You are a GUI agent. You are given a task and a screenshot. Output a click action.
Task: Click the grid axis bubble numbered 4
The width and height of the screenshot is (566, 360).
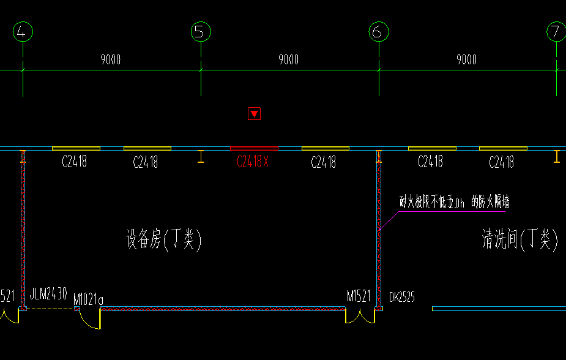click(22, 32)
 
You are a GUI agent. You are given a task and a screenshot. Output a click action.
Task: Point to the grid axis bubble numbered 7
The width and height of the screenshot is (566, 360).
click(556, 32)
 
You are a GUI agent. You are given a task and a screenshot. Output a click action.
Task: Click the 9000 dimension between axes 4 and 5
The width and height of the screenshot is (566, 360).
click(111, 59)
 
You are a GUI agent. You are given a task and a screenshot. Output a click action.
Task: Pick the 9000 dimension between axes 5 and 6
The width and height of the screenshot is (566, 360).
click(289, 59)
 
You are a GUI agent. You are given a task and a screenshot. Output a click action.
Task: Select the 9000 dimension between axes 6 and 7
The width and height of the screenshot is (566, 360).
click(467, 59)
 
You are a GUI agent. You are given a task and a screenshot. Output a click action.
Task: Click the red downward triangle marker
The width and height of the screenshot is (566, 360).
click(254, 113)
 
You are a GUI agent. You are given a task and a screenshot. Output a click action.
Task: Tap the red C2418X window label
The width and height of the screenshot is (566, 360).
click(253, 162)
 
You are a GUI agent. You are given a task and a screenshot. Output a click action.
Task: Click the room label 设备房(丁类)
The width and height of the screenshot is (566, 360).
click(164, 239)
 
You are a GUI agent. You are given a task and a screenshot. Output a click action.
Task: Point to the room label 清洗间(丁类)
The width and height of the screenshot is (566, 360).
click(520, 239)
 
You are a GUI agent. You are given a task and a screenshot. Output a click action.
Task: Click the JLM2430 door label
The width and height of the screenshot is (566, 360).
click(48, 294)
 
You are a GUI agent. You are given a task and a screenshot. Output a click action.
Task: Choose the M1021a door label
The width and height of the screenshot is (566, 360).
click(88, 299)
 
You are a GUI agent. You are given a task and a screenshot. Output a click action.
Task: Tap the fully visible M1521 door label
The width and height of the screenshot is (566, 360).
click(359, 296)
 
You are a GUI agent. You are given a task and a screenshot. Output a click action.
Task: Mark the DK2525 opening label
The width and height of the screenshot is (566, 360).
click(402, 297)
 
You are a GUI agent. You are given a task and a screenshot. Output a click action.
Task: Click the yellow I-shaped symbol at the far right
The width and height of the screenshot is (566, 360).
click(556, 157)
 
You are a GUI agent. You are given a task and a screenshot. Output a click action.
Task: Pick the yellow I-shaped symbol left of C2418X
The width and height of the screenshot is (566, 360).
click(200, 157)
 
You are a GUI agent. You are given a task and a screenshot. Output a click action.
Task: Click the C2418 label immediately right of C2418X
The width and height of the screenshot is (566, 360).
click(323, 162)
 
